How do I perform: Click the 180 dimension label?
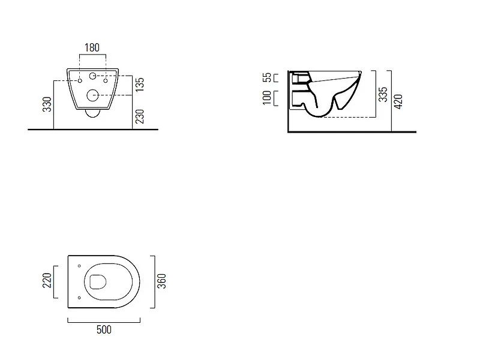[x=92, y=47]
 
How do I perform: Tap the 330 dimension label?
[x=47, y=104]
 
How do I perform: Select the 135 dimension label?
[x=139, y=85]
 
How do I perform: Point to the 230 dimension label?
[x=139, y=116]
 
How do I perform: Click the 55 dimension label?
[x=267, y=77]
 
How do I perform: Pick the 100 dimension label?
[x=267, y=98]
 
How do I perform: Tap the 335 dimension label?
[x=383, y=94]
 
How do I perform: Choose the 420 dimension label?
[x=398, y=101]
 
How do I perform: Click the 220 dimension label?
[x=47, y=280]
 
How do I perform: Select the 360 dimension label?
[x=161, y=281]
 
